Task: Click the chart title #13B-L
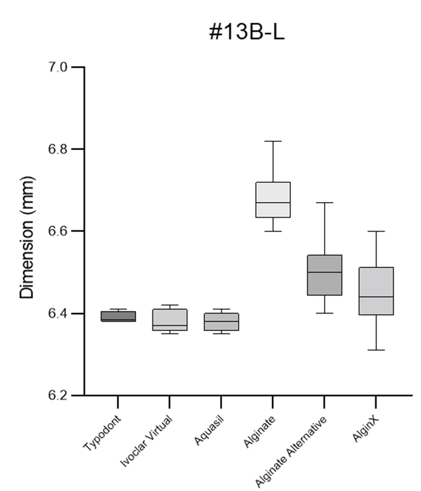[x=248, y=33]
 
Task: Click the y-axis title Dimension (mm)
[x=27, y=232]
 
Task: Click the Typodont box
[x=118, y=316]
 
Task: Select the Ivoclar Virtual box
[x=169, y=320]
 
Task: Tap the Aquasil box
[x=221, y=322]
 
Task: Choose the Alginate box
[x=273, y=200]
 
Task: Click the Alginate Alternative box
[x=324, y=275]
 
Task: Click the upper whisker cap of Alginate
[x=273, y=141]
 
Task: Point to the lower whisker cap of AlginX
[x=375, y=350]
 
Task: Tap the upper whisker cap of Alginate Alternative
[x=324, y=203]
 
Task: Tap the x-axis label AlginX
[x=365, y=430]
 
